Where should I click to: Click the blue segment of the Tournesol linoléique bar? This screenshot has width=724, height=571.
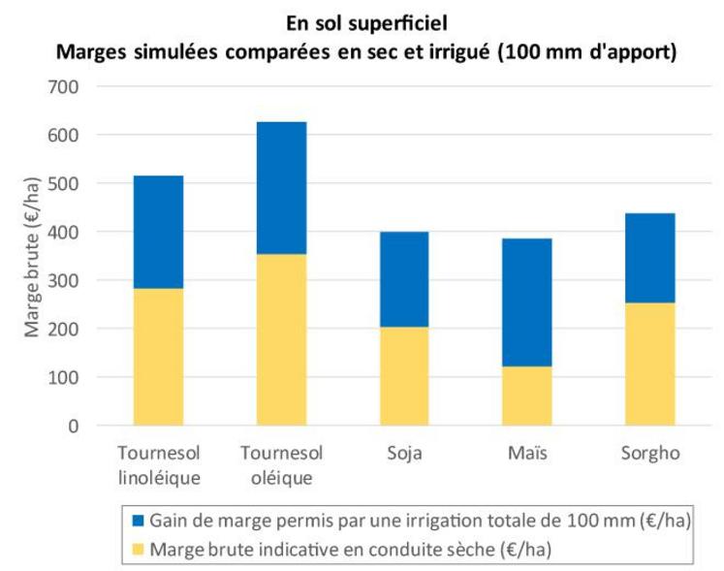[158, 232]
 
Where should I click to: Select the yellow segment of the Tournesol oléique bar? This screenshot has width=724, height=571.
[281, 339]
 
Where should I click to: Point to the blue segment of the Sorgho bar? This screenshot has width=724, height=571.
[649, 258]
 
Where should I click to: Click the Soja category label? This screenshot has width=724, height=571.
[404, 454]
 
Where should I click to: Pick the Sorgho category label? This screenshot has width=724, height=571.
[649, 454]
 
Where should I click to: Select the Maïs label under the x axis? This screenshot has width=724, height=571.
[526, 454]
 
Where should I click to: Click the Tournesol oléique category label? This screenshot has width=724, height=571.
[281, 464]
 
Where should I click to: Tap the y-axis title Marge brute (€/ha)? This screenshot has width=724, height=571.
[32, 256]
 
